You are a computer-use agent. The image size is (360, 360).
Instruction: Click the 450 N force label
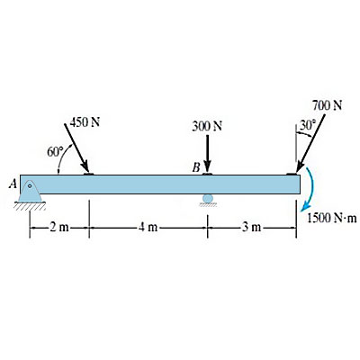click(85, 122)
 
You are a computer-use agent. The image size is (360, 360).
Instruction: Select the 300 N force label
click(207, 127)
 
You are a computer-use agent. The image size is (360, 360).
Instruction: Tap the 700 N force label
click(327, 105)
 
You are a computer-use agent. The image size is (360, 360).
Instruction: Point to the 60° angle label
click(56, 151)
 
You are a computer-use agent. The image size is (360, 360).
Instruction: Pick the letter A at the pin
click(13, 184)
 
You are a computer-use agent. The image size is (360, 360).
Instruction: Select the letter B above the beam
click(195, 168)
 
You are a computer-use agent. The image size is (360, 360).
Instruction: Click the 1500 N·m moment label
click(332, 218)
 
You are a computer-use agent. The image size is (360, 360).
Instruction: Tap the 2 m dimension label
click(59, 228)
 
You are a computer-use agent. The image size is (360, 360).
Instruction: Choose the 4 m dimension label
click(148, 228)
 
